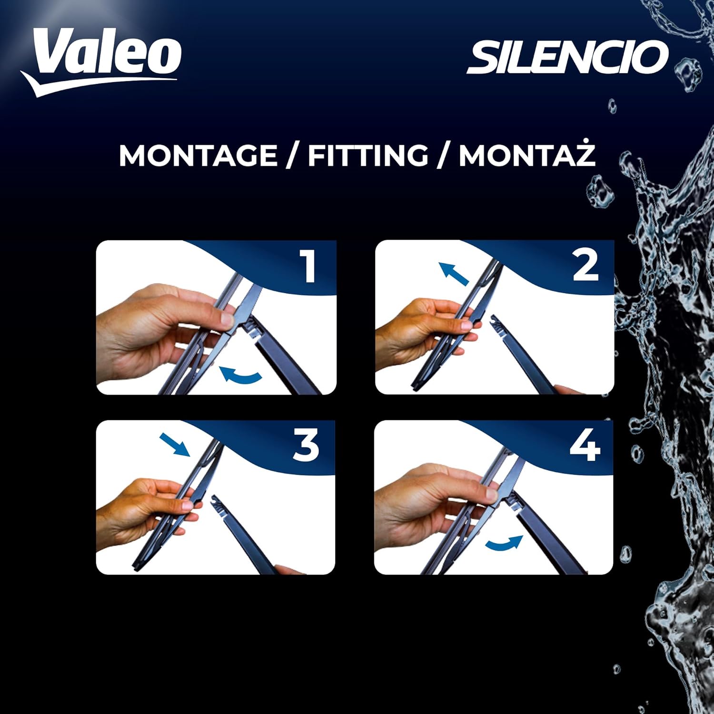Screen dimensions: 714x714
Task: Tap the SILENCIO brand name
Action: (x=568, y=57)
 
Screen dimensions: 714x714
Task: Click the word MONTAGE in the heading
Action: (x=198, y=156)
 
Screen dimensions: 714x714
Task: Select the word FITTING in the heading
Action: (x=368, y=156)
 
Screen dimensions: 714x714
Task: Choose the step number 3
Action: (x=306, y=445)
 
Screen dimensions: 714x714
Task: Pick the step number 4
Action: (x=585, y=445)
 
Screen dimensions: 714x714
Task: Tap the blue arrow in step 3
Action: (x=175, y=445)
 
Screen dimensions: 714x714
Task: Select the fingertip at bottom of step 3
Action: (x=290, y=570)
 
